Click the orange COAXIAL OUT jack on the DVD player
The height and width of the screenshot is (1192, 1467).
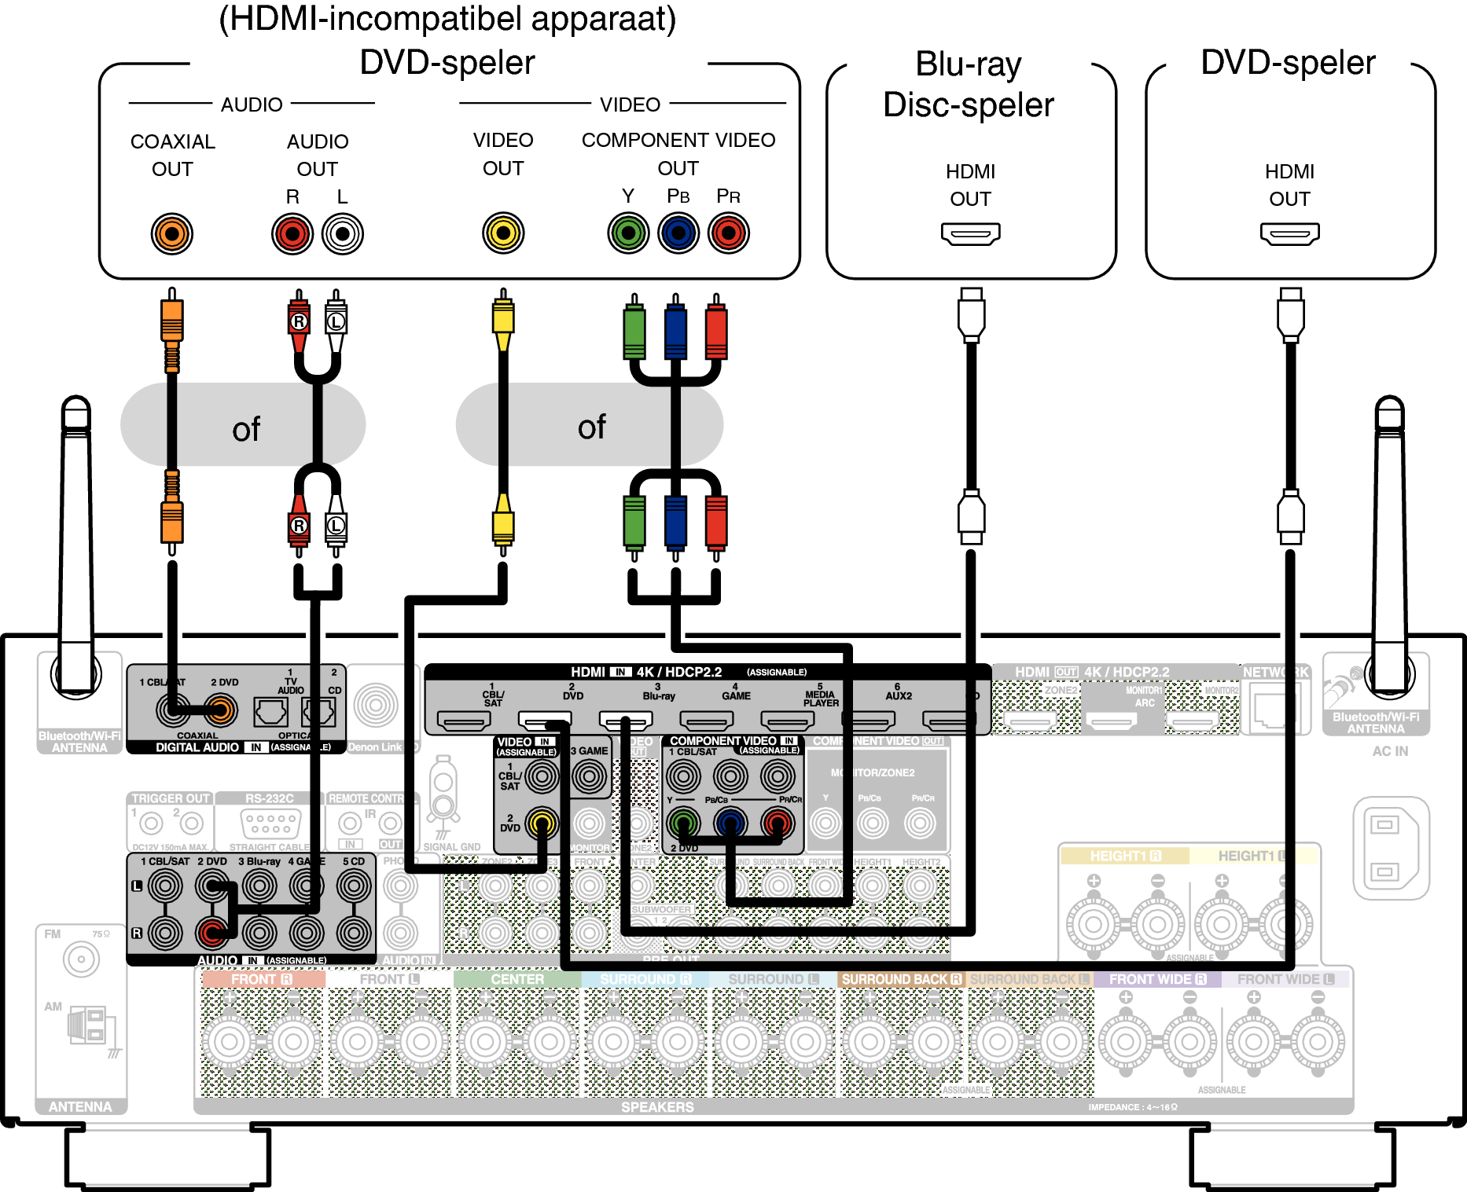point(171,233)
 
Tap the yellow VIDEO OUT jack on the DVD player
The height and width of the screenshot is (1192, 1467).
point(503,233)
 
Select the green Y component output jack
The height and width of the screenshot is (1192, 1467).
point(628,233)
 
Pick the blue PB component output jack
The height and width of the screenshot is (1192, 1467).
point(678,233)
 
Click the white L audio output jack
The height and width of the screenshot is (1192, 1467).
point(343,233)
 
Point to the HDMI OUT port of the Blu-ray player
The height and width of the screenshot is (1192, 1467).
point(970,233)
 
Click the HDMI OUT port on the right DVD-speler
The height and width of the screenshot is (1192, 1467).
point(1289,233)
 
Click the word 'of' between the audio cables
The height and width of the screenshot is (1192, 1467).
point(245,429)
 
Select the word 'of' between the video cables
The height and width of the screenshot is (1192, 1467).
point(591,427)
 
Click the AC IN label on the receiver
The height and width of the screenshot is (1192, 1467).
point(1390,751)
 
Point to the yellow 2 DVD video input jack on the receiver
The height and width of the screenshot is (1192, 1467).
point(541,823)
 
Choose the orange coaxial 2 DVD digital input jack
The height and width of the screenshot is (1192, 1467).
point(221,710)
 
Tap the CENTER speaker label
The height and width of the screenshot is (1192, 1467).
point(517,980)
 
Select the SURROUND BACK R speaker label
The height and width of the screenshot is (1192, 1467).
point(901,980)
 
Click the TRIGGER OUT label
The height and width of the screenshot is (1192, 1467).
point(170,798)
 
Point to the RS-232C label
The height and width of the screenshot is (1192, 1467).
point(269,798)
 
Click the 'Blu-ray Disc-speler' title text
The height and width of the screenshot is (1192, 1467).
point(969,85)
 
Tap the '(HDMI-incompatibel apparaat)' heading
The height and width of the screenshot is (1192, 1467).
point(447,19)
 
